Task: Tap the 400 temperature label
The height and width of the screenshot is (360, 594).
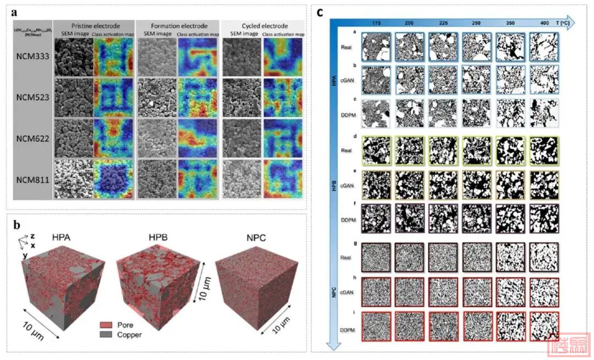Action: [x=543, y=24]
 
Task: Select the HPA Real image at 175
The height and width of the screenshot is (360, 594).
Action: [x=375, y=46]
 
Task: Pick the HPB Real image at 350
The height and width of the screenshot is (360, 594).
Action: [x=510, y=149]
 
